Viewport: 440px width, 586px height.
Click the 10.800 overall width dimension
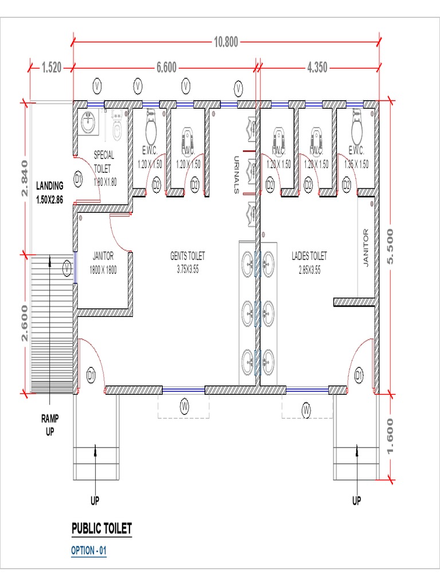tap(226, 42)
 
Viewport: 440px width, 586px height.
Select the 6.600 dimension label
tap(166, 68)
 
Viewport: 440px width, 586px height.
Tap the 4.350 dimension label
tap(317, 68)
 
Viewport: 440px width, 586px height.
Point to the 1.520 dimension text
tap(51, 68)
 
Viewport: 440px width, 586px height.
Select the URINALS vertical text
tap(235, 175)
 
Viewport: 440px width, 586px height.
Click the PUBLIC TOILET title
tap(101, 528)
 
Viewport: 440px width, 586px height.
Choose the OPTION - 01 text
tap(89, 551)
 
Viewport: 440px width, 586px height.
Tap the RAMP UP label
tap(49, 424)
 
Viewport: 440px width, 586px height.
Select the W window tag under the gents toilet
tap(184, 406)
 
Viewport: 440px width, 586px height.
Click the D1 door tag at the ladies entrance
tap(359, 375)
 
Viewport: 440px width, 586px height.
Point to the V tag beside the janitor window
tap(68, 267)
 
